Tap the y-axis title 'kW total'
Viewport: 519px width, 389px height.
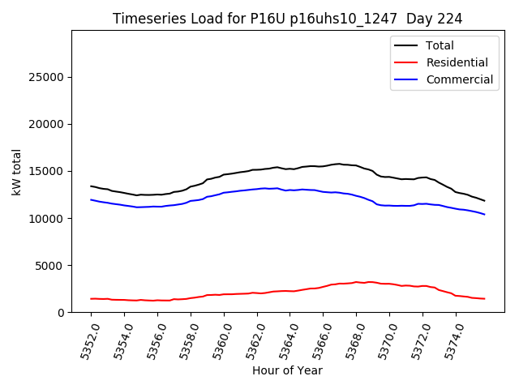[17, 171]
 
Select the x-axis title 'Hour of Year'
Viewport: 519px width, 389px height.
[287, 371]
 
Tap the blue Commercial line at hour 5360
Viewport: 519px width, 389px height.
[224, 193]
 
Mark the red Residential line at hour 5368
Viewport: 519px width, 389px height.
[357, 282]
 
